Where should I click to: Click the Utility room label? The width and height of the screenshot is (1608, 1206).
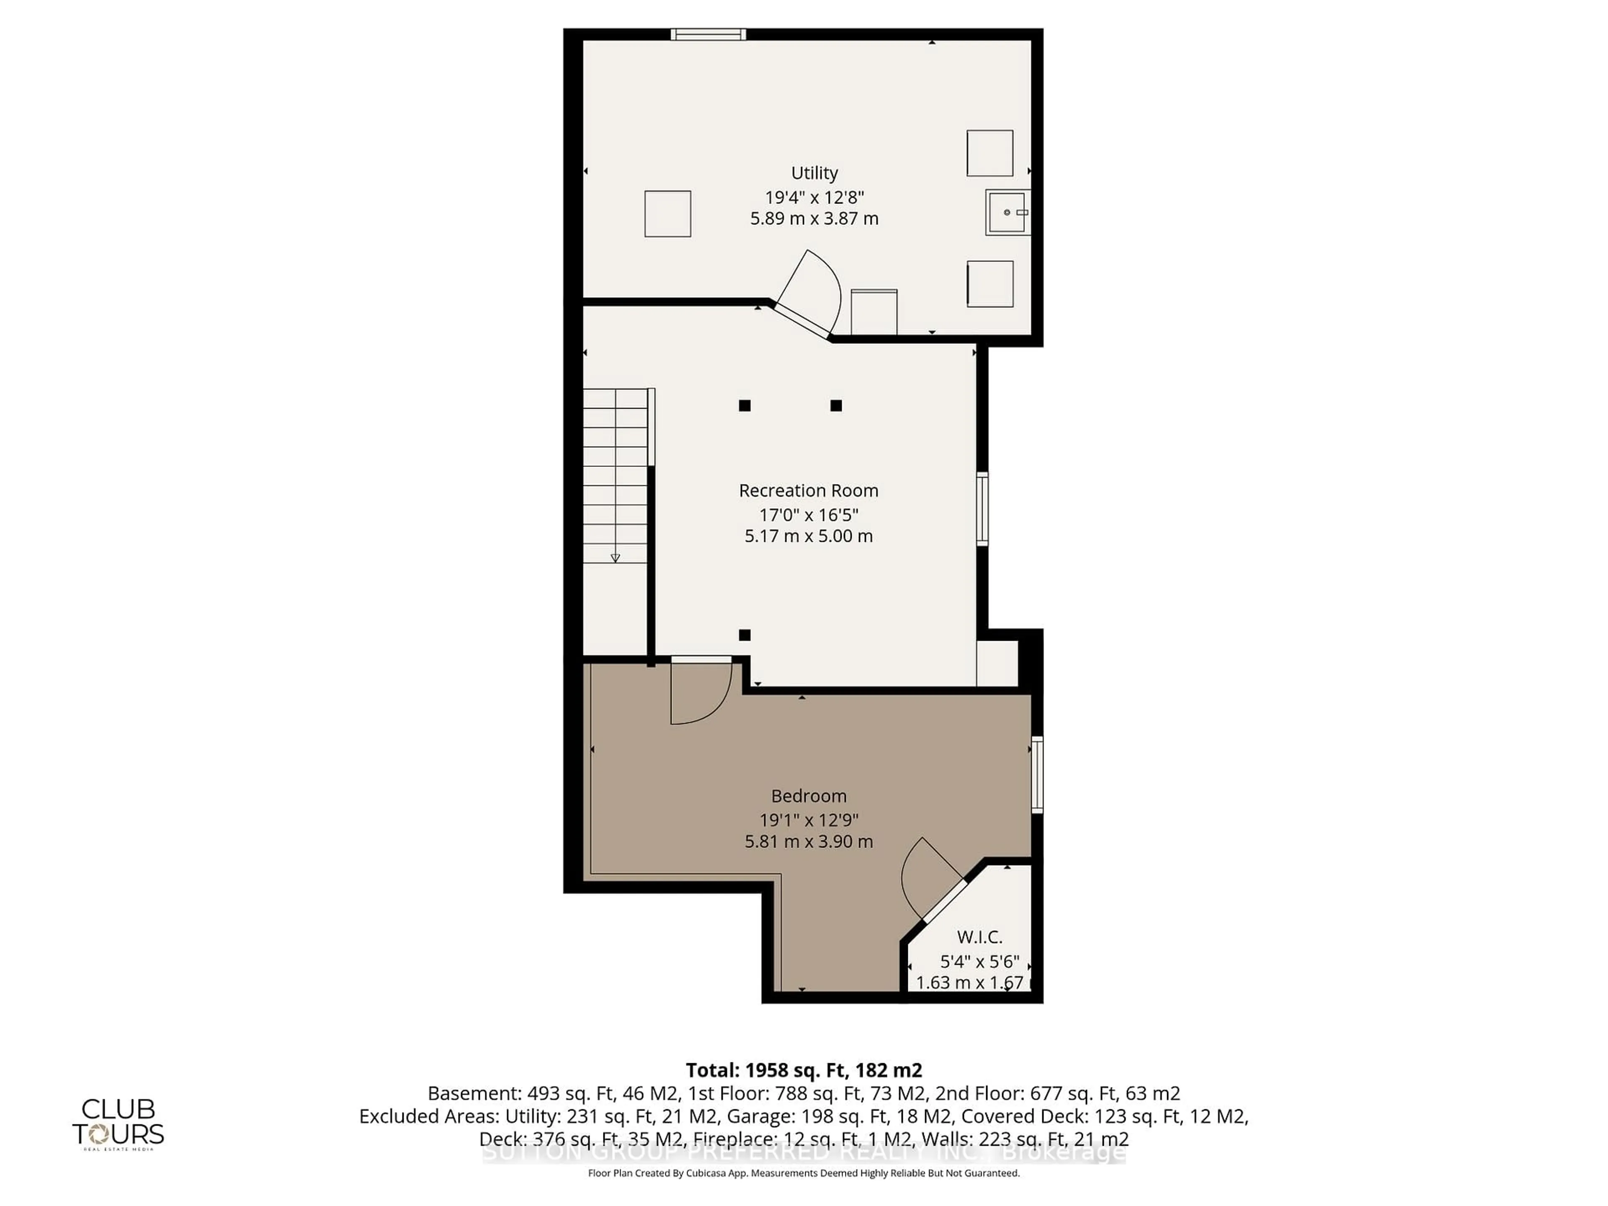pos(814,173)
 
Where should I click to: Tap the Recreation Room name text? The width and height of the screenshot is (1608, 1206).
pos(808,491)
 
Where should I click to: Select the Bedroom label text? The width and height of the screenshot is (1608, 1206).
pos(808,796)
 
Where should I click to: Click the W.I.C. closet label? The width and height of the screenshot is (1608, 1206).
pos(979,937)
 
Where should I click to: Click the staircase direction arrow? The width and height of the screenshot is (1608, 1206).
pos(615,558)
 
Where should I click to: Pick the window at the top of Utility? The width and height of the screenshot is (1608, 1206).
pos(708,34)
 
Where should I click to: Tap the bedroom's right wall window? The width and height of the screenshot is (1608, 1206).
pos(1037,774)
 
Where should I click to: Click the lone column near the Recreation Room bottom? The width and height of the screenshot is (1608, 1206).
pos(745,635)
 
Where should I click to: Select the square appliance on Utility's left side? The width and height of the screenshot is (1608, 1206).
pos(667,214)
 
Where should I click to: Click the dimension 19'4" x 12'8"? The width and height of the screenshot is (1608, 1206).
pos(814,197)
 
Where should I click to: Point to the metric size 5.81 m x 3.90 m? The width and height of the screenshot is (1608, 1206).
pos(808,842)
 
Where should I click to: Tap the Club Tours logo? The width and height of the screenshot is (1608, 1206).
pos(118,1123)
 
